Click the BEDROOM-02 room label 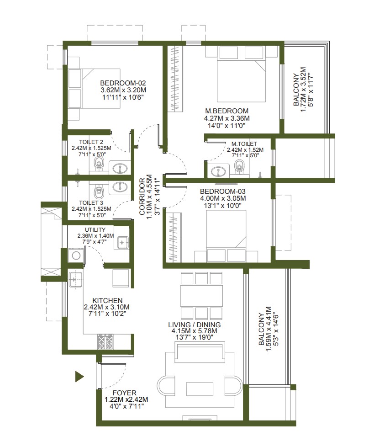(123, 83)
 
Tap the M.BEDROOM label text (227, 111)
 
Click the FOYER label (124, 392)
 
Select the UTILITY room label (95, 230)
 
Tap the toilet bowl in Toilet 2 (99, 164)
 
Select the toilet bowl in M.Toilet (239, 166)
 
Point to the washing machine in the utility (76, 255)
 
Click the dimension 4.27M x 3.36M (227, 118)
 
